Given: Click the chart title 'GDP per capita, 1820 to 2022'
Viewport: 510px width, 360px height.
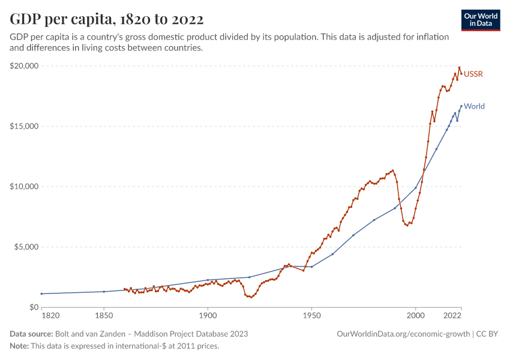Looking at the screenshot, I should coord(106,19).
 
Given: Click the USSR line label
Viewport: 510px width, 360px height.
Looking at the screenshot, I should coord(473,74).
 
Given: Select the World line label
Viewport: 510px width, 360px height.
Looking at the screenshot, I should coord(474,107).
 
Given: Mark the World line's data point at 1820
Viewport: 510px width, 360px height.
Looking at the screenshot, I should coord(42,293).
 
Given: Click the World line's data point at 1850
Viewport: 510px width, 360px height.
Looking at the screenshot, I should coord(104,292).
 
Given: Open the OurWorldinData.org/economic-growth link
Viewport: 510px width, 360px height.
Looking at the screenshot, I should coord(403,334).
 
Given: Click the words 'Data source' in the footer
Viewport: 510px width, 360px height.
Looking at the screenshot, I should coord(31,334).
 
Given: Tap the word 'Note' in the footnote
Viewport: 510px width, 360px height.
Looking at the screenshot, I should coord(20,346).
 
